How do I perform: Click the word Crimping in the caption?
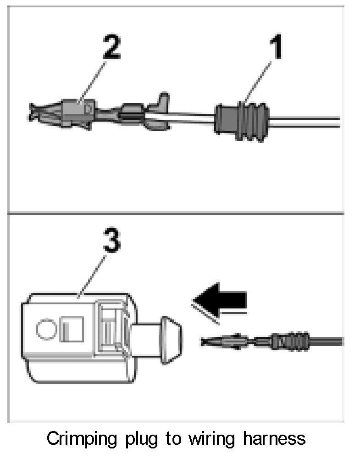84,439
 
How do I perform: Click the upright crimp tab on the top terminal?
161,102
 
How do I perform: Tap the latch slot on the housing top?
110,326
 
